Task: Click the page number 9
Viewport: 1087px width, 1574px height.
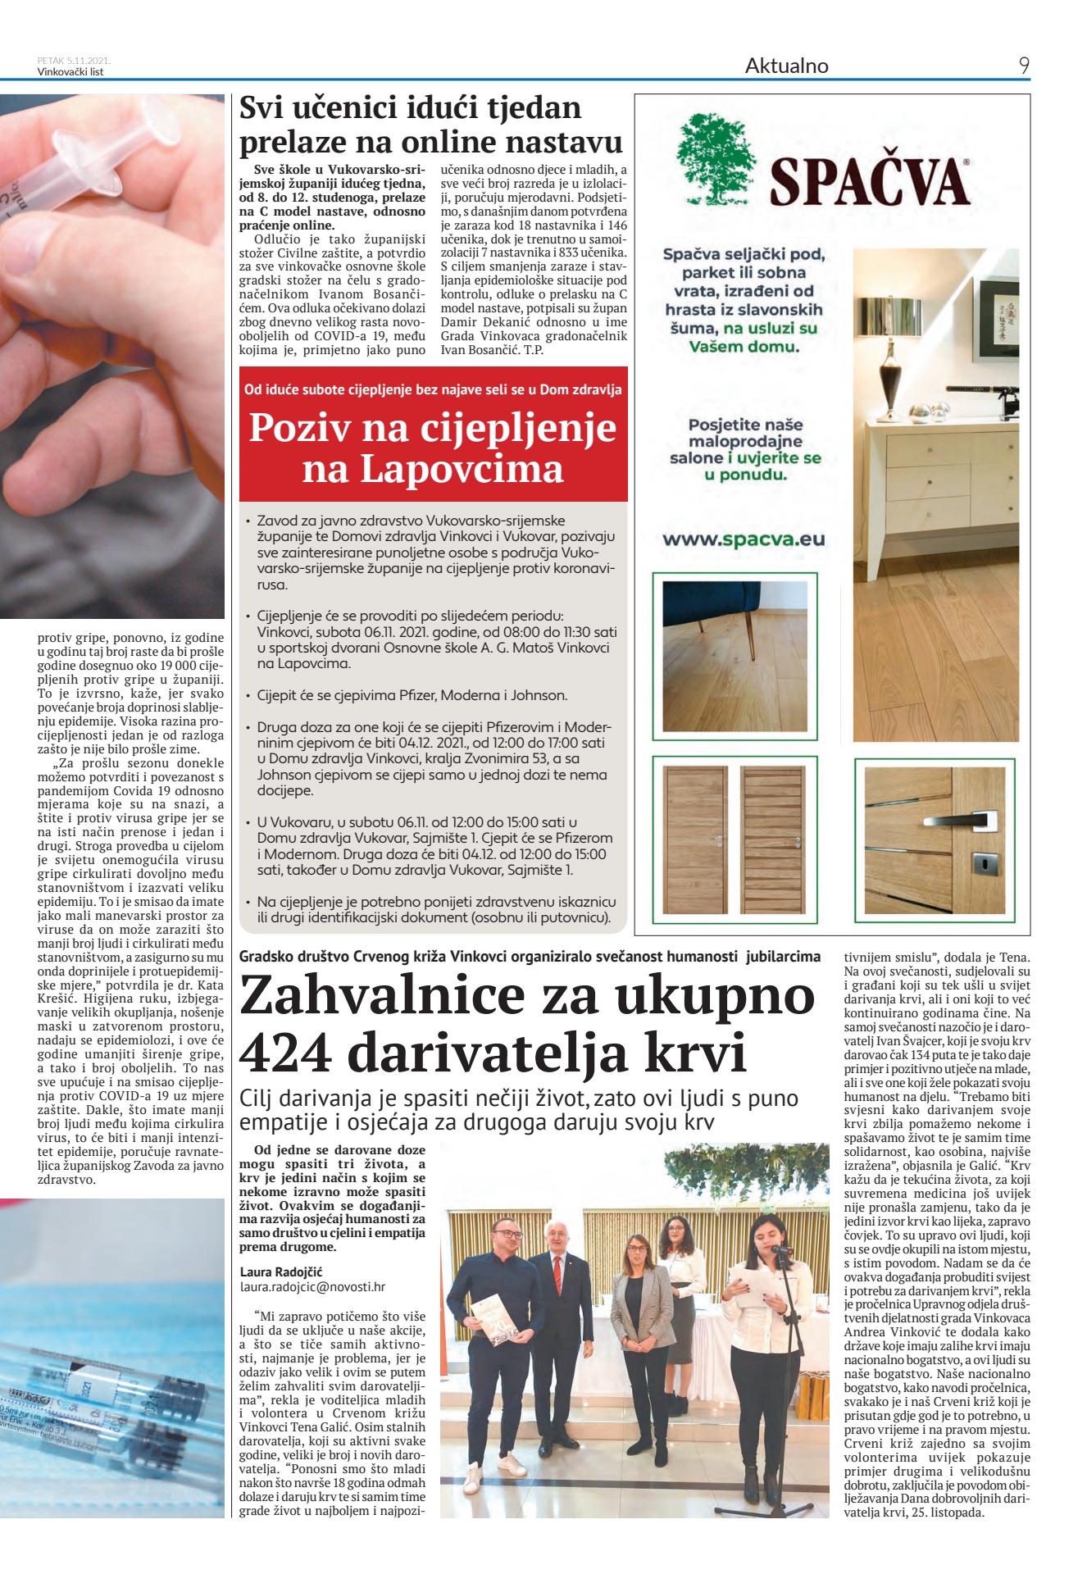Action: click(x=1023, y=66)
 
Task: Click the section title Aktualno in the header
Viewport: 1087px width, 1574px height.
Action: click(x=786, y=66)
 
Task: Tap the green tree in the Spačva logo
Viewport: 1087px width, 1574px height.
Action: click(x=718, y=159)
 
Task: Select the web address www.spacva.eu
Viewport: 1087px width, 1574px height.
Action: click(x=744, y=539)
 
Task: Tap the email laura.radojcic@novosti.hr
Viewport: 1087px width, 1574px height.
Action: click(x=312, y=1287)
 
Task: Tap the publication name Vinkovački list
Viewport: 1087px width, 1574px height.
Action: click(x=70, y=71)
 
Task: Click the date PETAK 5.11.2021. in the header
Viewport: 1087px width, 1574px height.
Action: click(x=74, y=61)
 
